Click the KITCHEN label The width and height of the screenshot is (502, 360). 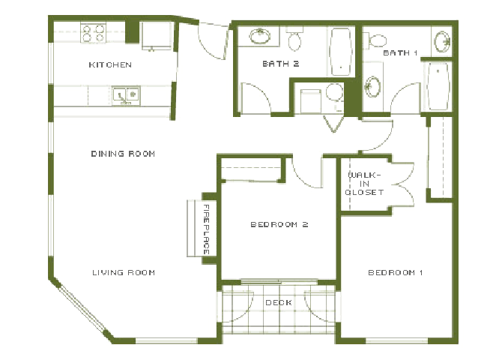pos(110,65)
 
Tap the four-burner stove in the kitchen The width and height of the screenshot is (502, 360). pos(94,33)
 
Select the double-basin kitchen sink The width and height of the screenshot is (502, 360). pos(125,95)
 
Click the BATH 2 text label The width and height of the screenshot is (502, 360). pos(281,64)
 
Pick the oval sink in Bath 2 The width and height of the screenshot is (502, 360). pos(260,35)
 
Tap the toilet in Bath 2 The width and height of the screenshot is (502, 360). pos(294,38)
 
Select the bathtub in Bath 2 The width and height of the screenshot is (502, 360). pos(341,52)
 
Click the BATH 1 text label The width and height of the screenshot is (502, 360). pos(400,53)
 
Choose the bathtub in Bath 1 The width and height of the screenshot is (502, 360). pos(436,85)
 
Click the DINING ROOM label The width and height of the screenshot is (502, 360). pos(123,154)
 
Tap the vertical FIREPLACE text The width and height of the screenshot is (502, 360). pos(206,228)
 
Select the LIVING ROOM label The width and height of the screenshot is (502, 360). pos(124,272)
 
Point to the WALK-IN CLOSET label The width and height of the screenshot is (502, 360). pos(364,184)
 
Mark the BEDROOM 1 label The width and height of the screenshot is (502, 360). pos(396,271)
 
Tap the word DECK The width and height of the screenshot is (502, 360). pos(279,303)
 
